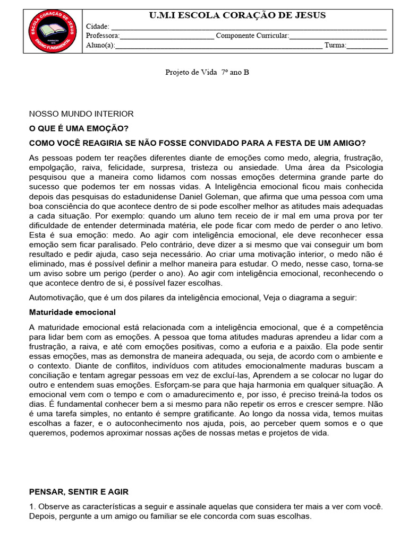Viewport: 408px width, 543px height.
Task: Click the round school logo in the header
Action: (50, 33)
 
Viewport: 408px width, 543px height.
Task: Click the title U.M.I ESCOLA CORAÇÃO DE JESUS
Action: (238, 15)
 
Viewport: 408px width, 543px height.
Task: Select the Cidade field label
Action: (97, 27)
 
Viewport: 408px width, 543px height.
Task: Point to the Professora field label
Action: (103, 36)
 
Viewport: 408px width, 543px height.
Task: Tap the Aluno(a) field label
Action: (100, 46)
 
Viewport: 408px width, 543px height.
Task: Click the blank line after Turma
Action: (367, 46)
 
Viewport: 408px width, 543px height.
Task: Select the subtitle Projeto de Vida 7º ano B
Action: (207, 72)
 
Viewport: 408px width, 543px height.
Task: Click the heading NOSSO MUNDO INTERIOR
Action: (81, 114)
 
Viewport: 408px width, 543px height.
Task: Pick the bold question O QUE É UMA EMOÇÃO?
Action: (79, 129)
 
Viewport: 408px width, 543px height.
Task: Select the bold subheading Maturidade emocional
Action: (72, 312)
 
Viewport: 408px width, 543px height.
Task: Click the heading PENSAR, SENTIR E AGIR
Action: (79, 492)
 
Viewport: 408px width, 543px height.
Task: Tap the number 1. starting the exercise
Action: (32, 506)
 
